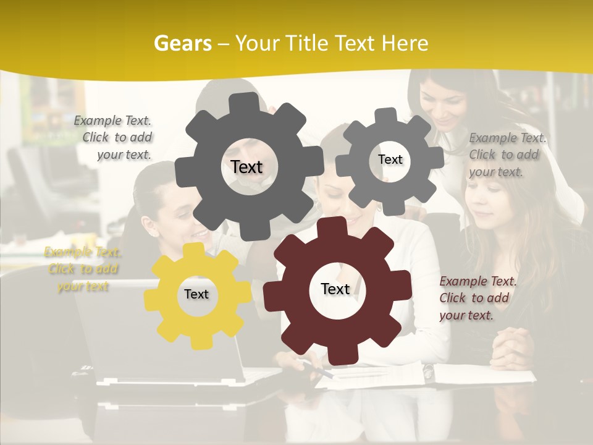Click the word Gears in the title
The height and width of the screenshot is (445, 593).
(x=182, y=43)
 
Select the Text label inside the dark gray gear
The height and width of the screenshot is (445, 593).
(x=246, y=167)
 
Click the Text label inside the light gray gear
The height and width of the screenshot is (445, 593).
(x=390, y=159)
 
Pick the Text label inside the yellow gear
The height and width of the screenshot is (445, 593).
(x=196, y=294)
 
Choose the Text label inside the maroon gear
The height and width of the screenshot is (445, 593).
(x=335, y=289)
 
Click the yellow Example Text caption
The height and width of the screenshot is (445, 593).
(x=82, y=269)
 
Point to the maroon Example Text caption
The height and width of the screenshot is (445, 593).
(x=477, y=298)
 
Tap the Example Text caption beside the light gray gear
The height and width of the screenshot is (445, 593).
(x=507, y=155)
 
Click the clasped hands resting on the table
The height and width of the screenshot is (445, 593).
(x=513, y=346)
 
